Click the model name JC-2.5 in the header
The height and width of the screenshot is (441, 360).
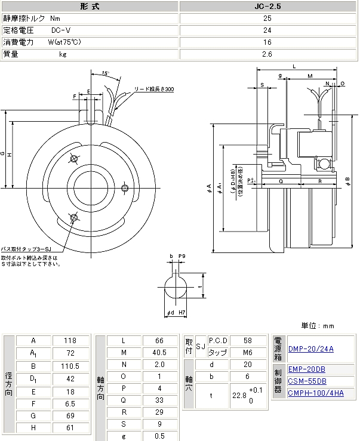tap(267, 7)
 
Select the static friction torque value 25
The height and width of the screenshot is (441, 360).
tap(267, 18)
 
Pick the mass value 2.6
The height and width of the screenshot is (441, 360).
tap(267, 54)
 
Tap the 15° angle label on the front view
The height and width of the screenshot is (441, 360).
tap(105, 73)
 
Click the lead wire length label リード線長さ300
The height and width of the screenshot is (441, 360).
tap(153, 88)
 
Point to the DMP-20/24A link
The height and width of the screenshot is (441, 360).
tap(310, 349)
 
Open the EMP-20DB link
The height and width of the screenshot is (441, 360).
tap(307, 369)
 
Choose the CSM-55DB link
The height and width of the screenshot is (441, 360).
tap(307, 381)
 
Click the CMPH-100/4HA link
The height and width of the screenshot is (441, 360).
tap(316, 393)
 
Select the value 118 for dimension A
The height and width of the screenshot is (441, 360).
tap(70, 341)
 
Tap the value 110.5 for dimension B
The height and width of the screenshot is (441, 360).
tap(70, 366)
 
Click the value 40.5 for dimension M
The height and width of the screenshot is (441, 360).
tap(159, 353)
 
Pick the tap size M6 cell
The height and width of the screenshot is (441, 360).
tap(248, 353)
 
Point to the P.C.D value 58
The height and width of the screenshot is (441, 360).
tap(248, 340)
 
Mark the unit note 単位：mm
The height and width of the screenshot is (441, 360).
tap(318, 326)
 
